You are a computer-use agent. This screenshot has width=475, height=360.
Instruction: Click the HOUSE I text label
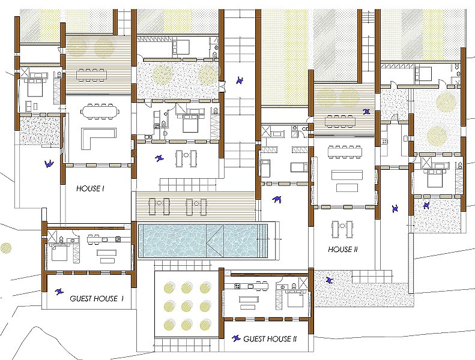[90, 188]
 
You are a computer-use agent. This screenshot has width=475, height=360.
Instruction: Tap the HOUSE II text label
[343, 250]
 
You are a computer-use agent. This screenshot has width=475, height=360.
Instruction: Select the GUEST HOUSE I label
[96, 299]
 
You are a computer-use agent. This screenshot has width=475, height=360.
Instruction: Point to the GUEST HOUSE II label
[270, 339]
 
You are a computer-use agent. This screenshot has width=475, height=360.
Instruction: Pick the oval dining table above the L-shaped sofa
[98, 112]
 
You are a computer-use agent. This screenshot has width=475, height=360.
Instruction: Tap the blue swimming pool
[203, 241]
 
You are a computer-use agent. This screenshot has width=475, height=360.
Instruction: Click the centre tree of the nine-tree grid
[187, 307]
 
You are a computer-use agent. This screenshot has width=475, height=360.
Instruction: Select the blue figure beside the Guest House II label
[236, 338]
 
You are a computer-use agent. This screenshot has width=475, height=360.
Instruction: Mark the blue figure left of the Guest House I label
[59, 292]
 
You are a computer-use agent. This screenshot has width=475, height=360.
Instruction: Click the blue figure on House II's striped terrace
[367, 112]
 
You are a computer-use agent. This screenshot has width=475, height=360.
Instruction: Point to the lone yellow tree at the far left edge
[5, 248]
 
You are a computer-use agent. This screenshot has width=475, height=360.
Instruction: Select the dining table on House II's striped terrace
[340, 121]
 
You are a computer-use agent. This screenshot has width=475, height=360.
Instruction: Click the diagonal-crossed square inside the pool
[215, 241]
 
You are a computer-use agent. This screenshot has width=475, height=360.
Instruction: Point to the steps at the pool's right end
[264, 241]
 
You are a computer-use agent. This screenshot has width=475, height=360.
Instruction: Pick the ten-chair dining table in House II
[345, 152]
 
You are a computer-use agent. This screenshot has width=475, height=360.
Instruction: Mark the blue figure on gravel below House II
[330, 280]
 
